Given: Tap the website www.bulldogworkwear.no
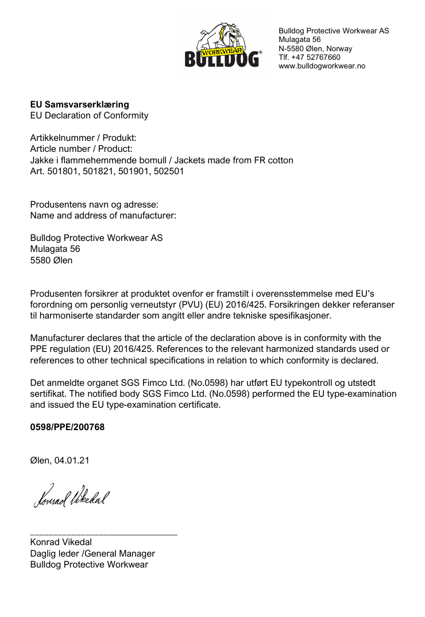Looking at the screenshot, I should (x=322, y=66).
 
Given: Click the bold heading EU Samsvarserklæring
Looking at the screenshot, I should (x=79, y=105).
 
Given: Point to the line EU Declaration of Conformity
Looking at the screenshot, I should (x=89, y=116).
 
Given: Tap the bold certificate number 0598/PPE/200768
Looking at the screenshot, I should (x=67, y=427).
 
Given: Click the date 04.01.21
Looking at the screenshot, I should (x=72, y=461).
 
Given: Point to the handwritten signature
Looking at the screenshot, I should (x=71, y=496).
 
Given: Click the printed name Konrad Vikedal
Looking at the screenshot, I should (x=61, y=542).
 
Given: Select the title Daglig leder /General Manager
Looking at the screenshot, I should (x=92, y=554).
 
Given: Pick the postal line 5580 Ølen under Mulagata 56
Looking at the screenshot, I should (x=51, y=260).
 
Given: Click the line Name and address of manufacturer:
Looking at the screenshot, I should (x=103, y=216).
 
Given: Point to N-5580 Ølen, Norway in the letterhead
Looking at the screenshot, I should (x=315, y=49).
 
